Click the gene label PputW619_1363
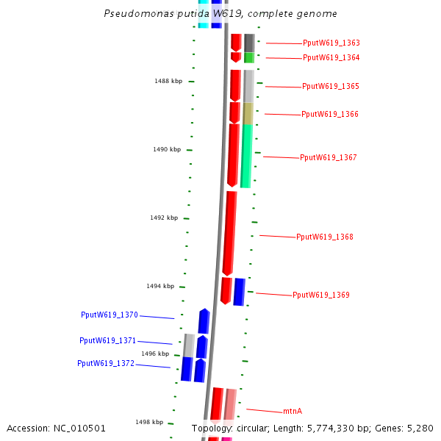point(331,43)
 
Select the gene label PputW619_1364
point(331,57)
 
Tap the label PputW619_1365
point(330,87)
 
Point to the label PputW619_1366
point(329,115)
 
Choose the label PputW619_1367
point(328,157)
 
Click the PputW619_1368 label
point(324,237)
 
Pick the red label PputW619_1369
point(320,295)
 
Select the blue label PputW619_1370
point(110,315)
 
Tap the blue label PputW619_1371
point(108,341)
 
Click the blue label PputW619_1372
point(106,363)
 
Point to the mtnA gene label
point(293,412)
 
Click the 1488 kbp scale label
point(168,81)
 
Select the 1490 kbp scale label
point(167,149)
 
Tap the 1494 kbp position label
point(160,286)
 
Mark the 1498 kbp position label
point(149,422)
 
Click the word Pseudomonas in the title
point(130,14)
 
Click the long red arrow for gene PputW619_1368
point(230,232)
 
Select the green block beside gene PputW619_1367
point(246,155)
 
